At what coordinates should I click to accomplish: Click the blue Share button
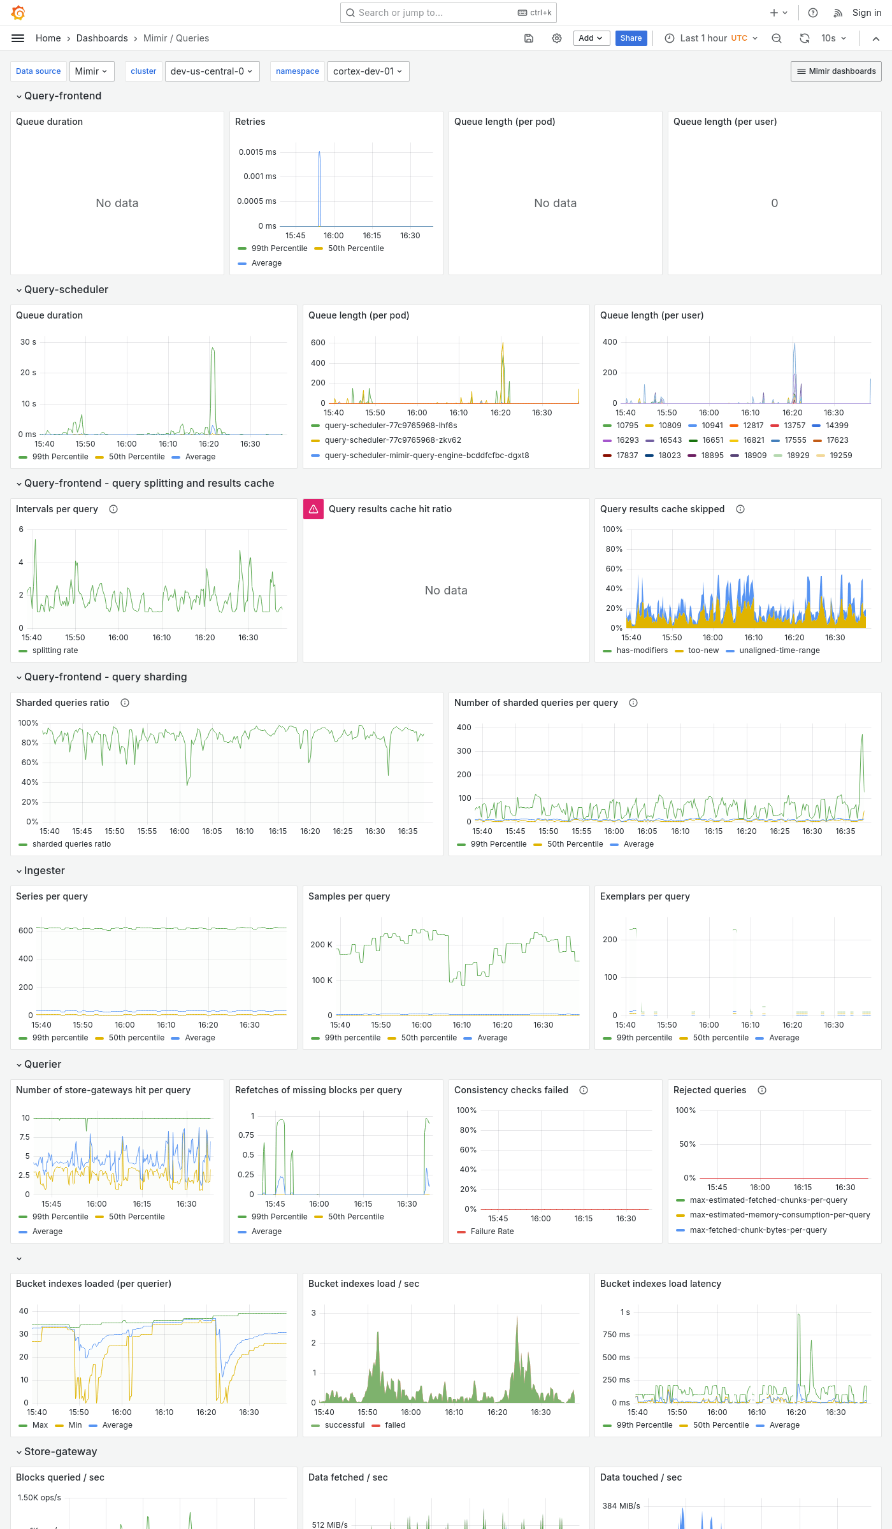pyautogui.click(x=631, y=38)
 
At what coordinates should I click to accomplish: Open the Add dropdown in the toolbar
pyautogui.click(x=591, y=38)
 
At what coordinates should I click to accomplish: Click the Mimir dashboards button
pyautogui.click(x=836, y=71)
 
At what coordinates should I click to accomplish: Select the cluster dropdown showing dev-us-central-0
pyautogui.click(x=211, y=71)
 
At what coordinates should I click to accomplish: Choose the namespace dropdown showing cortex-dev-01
pyautogui.click(x=368, y=71)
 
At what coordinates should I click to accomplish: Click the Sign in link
pyautogui.click(x=867, y=13)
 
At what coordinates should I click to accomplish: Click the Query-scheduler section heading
pyautogui.click(x=66, y=289)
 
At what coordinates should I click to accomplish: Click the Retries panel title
pyautogui.click(x=250, y=122)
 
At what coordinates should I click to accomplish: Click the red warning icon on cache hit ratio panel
pyautogui.click(x=313, y=509)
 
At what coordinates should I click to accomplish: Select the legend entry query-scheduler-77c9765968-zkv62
pyautogui.click(x=392, y=440)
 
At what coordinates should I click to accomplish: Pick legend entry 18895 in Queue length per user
pyautogui.click(x=712, y=456)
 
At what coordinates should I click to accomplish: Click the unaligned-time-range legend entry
pyautogui.click(x=779, y=650)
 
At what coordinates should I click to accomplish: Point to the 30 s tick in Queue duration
pyautogui.click(x=28, y=342)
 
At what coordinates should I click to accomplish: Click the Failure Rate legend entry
pyautogui.click(x=492, y=1231)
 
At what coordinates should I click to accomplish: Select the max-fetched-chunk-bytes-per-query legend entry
pyautogui.click(x=758, y=1230)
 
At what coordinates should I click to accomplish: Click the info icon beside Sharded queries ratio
pyautogui.click(x=125, y=703)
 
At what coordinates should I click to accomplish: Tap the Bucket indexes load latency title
pyautogui.click(x=660, y=1284)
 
